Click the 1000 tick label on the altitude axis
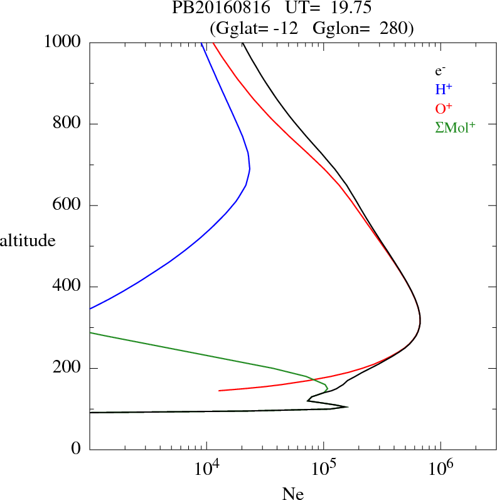[63, 43]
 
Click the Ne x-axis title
[293, 494]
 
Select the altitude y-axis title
[28, 241]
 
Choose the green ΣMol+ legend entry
[455, 127]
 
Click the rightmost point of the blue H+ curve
[250, 169]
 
